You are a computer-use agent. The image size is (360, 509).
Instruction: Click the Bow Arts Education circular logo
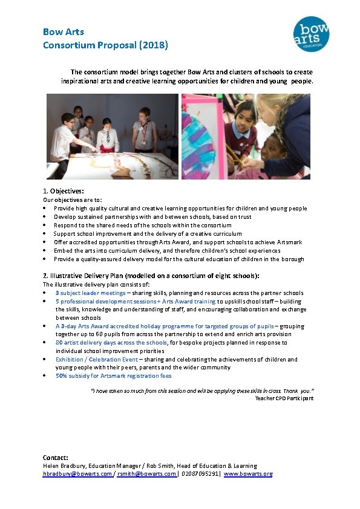tap(311, 34)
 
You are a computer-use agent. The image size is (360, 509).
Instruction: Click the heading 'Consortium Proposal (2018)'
tap(105, 45)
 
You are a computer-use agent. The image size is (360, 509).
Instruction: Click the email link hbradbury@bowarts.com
tap(77, 474)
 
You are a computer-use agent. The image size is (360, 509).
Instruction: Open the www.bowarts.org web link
tap(248, 474)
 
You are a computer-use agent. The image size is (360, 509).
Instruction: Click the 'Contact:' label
tap(55, 457)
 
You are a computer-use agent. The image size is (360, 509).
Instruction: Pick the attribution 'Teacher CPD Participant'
tap(284, 398)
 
